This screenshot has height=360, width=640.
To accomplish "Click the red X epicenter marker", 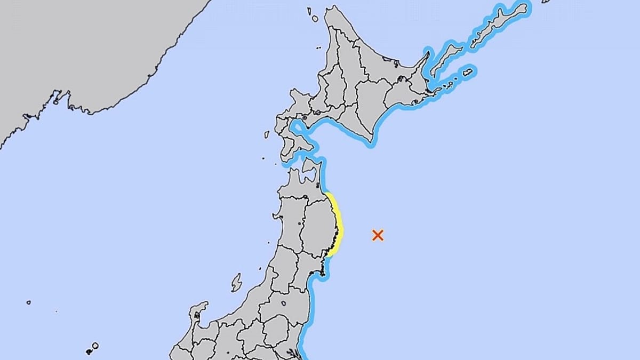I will (x=378, y=235).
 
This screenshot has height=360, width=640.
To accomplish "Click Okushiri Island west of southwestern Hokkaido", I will (x=266, y=135).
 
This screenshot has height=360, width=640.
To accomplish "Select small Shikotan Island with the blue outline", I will (x=468, y=71).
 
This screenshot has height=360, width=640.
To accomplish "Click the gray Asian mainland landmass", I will (x=80, y=53).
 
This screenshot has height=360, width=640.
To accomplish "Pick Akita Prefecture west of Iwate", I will (x=291, y=224).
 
